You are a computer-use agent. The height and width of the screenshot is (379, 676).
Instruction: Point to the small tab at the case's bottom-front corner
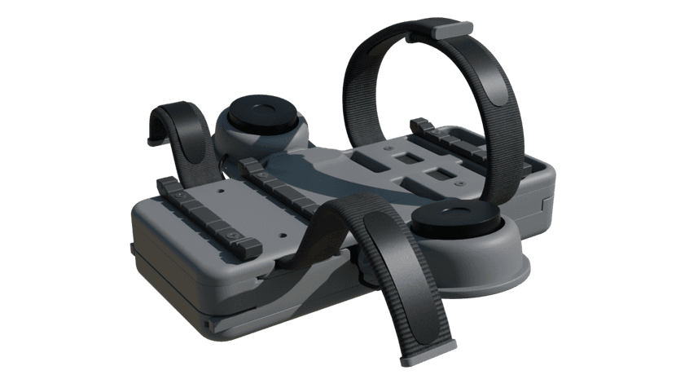point(206,324)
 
